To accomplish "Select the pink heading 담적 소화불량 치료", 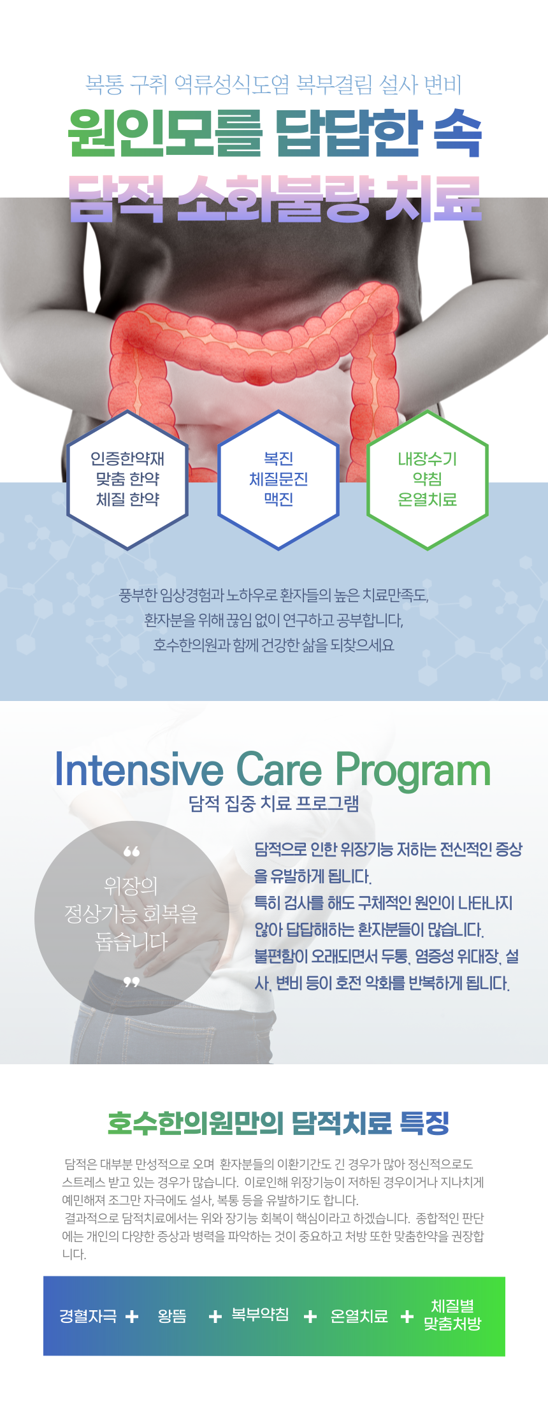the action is click(x=275, y=198).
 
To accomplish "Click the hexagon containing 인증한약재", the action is click(x=127, y=480).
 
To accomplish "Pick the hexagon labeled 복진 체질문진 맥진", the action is click(x=278, y=480).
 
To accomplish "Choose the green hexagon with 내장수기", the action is click(x=428, y=480).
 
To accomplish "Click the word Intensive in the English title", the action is click(x=139, y=770).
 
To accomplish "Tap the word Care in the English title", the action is click(x=279, y=770).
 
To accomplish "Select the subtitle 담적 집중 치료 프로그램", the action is click(x=274, y=804).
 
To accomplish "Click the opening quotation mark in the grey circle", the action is click(x=131, y=852).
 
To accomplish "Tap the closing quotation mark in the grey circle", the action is click(x=131, y=982).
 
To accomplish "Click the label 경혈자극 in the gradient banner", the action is click(x=88, y=1316).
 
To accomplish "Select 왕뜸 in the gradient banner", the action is click(x=172, y=1316).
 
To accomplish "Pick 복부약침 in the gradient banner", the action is click(x=260, y=1314).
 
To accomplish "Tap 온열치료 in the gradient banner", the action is click(x=359, y=1316).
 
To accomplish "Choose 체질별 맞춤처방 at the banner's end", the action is click(x=452, y=1315).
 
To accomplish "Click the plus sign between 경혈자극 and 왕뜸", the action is click(x=132, y=1317).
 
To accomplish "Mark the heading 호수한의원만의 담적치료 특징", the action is click(x=278, y=1123).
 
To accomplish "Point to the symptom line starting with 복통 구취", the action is click(x=273, y=84).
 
